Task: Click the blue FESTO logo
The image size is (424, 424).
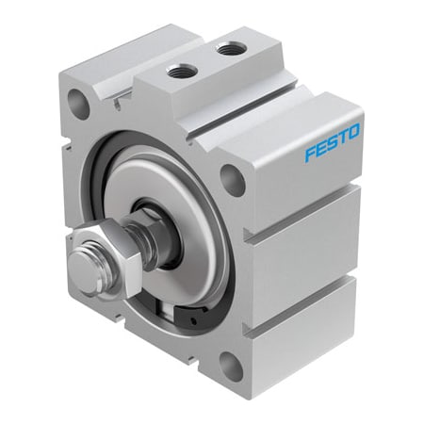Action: (x=333, y=143)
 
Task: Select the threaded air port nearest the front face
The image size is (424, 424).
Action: (x=182, y=72)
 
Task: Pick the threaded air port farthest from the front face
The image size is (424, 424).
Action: (x=231, y=49)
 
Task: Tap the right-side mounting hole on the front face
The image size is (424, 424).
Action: (x=233, y=180)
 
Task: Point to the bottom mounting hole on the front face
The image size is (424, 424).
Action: (x=231, y=367)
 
